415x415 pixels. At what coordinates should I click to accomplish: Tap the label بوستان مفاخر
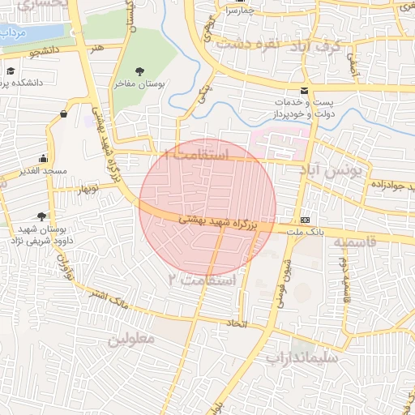142,83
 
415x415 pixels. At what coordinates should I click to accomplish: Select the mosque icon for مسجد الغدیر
43,159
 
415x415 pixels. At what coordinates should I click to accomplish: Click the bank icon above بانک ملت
305,220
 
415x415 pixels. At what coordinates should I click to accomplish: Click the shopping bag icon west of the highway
63,114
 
